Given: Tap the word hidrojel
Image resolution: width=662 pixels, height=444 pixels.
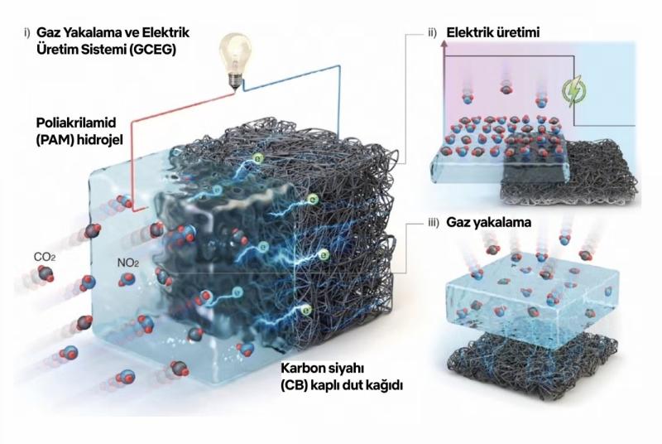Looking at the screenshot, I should click(103, 138).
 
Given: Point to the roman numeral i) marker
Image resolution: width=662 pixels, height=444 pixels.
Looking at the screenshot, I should click(28, 32).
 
